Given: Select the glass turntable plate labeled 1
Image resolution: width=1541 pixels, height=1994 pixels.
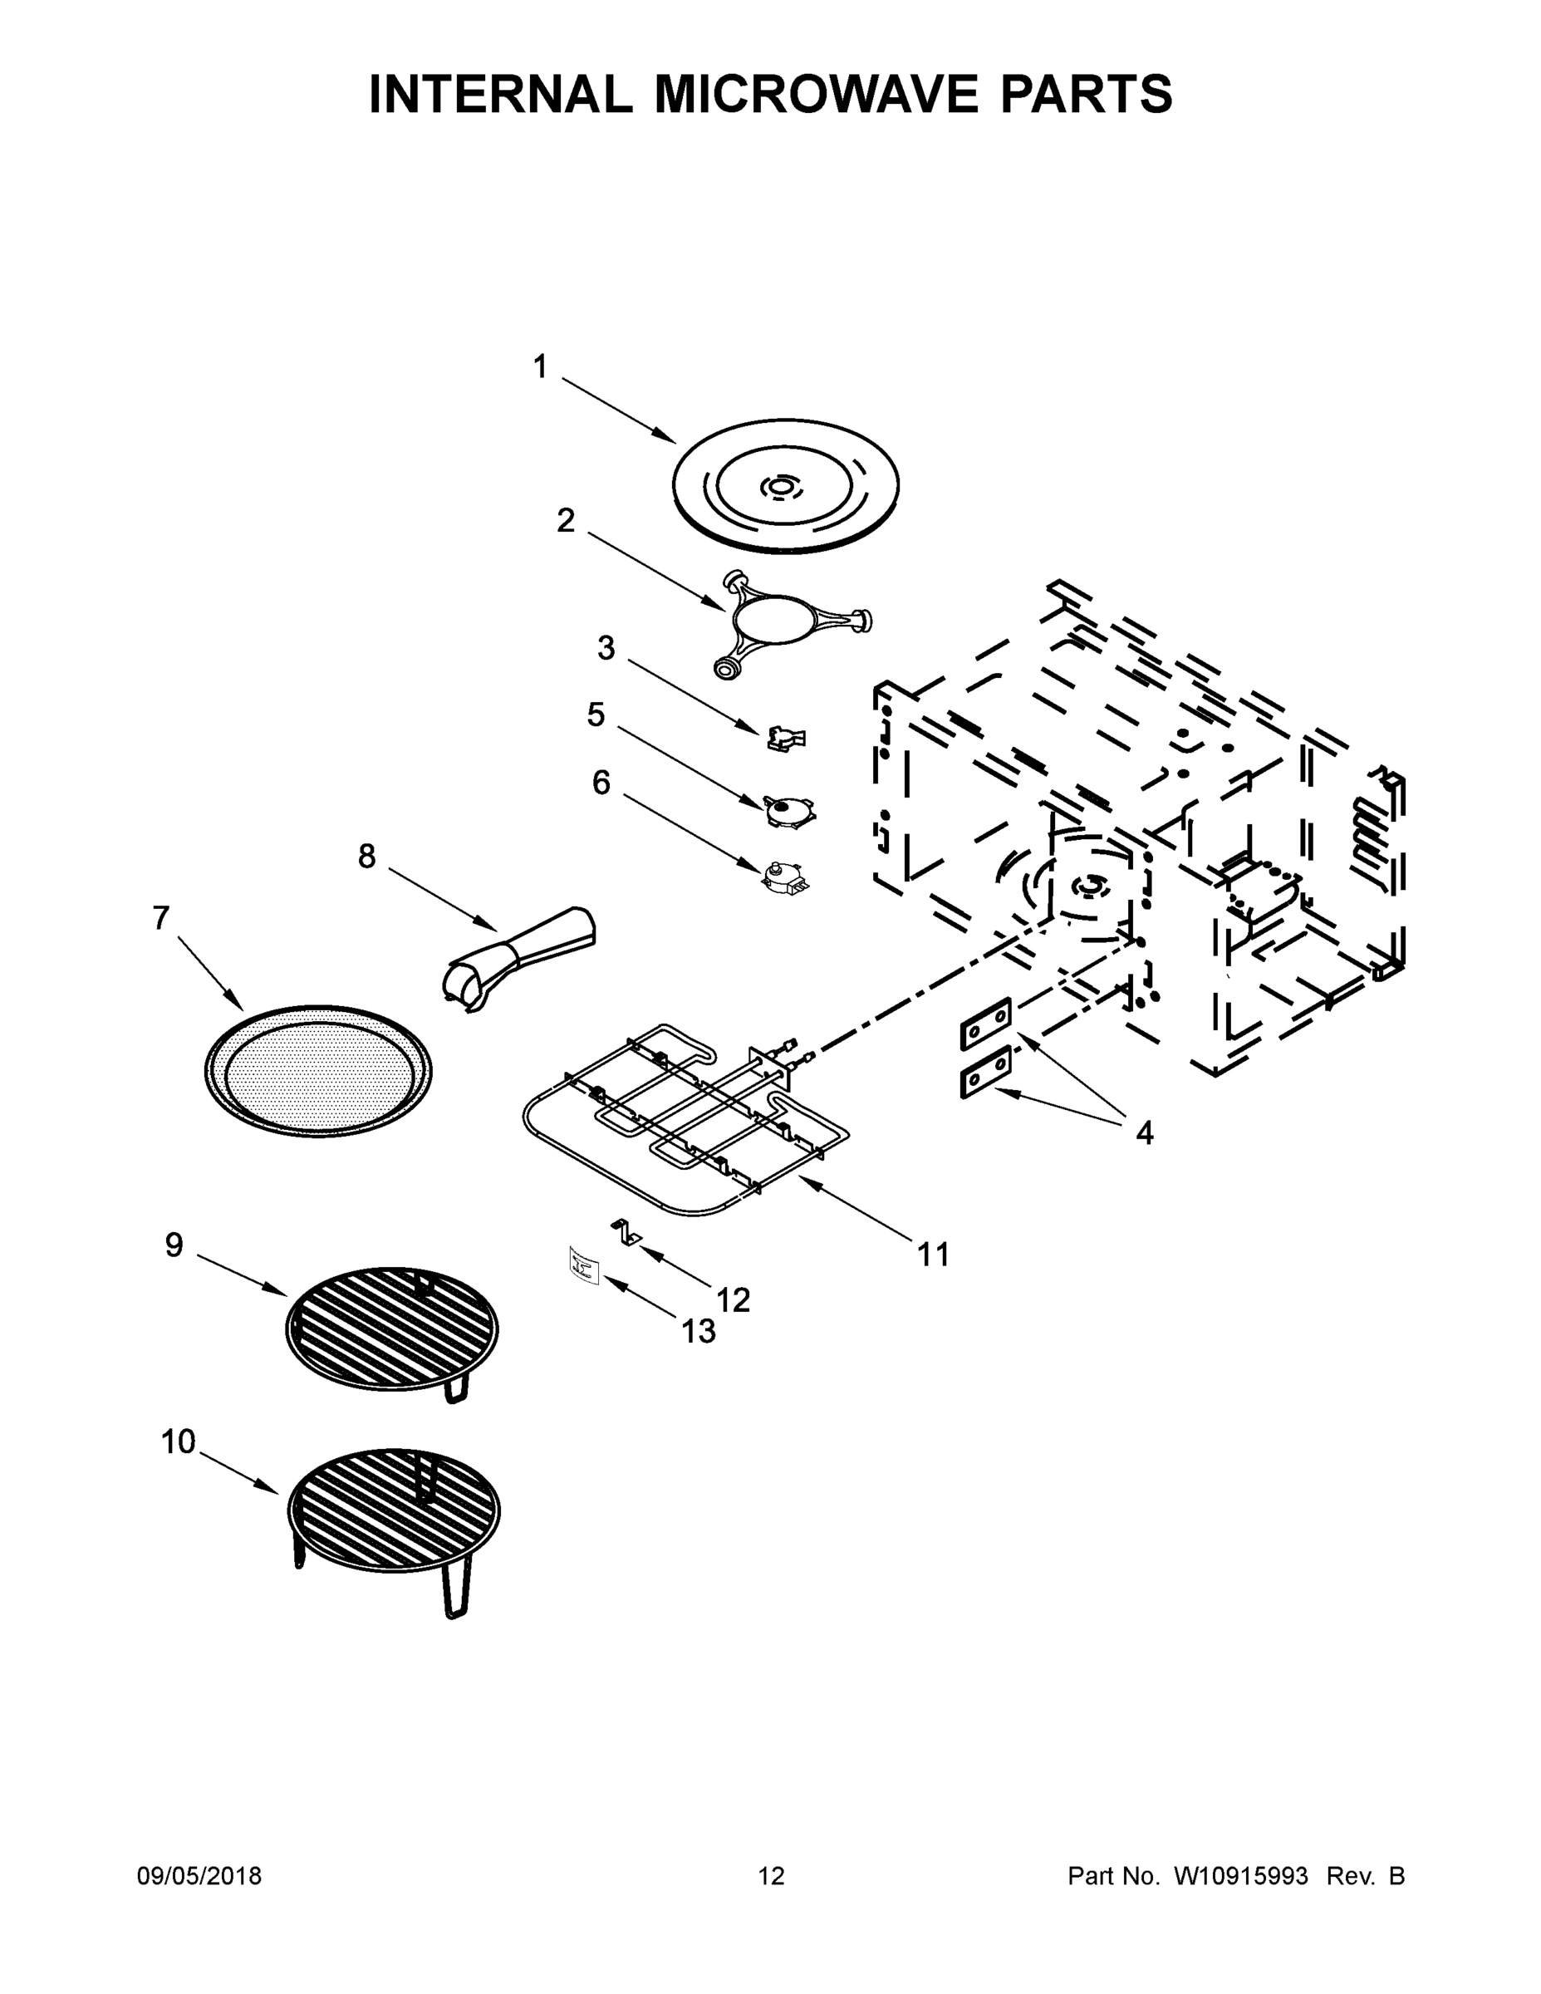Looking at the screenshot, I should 785,486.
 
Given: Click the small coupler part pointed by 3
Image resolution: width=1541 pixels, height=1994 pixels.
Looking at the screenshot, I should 786,738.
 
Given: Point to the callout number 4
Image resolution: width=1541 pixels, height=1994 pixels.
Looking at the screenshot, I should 1144,1133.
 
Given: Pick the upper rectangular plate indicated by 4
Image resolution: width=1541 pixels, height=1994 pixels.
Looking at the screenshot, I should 986,1024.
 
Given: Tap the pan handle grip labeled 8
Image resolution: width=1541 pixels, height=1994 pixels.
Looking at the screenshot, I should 520,959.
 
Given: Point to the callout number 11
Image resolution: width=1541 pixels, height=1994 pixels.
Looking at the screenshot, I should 933,1255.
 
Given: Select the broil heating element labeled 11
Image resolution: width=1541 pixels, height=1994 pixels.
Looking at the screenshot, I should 685,1123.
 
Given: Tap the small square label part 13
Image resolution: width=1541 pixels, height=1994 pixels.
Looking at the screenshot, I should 582,1266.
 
